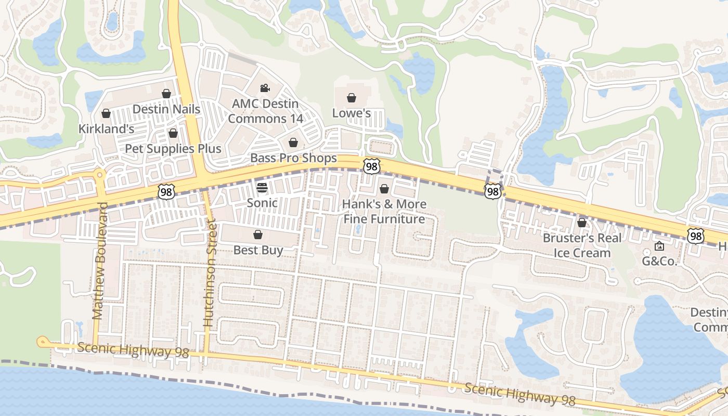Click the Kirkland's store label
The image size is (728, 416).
107,128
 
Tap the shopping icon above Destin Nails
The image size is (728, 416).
166,94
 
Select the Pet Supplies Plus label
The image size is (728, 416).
173,149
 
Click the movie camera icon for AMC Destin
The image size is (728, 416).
265,88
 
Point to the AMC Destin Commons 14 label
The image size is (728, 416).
265,111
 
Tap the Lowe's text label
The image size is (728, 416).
352,113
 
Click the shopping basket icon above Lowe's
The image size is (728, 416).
352,98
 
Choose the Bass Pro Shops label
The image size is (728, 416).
294,158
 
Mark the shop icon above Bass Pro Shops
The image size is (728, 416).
293,142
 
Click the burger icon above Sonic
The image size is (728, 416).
262,188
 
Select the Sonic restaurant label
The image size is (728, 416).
262,203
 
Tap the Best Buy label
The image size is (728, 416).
258,250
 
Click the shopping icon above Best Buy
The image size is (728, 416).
257,235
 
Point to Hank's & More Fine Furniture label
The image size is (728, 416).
384,211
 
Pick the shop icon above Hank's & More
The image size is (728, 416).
384,189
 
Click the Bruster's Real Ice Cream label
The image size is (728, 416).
581,245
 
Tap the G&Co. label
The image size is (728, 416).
659,261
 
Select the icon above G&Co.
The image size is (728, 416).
659,246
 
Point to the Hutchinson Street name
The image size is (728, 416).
209,274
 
